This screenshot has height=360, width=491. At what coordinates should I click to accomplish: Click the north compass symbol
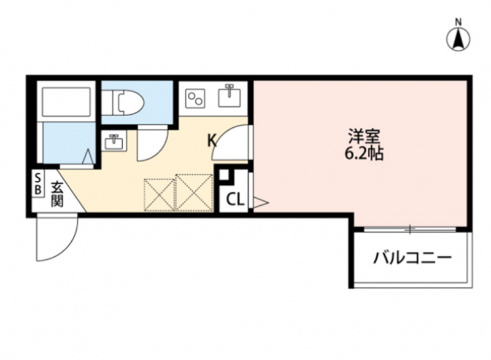[458, 39]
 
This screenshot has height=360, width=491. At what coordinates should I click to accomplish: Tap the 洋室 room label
[364, 137]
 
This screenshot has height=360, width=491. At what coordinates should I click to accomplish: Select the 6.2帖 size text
[364, 154]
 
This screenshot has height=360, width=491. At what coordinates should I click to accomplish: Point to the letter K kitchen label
[212, 140]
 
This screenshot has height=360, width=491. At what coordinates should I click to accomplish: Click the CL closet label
[235, 200]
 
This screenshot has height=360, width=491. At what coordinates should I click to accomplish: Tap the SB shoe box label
[37, 184]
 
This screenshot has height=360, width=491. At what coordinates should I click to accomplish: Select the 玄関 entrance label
[57, 194]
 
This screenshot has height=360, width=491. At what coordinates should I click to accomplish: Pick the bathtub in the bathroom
[66, 101]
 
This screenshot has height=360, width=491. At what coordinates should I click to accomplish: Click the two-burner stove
[195, 98]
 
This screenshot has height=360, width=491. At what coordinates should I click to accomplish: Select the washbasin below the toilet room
[114, 142]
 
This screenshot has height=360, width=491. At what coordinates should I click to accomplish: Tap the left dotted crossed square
[160, 195]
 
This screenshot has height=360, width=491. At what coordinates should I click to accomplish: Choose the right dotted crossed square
[194, 192]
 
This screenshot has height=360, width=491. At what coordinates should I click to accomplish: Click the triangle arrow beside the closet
[260, 202]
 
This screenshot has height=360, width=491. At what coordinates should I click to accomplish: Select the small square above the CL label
[224, 175]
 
